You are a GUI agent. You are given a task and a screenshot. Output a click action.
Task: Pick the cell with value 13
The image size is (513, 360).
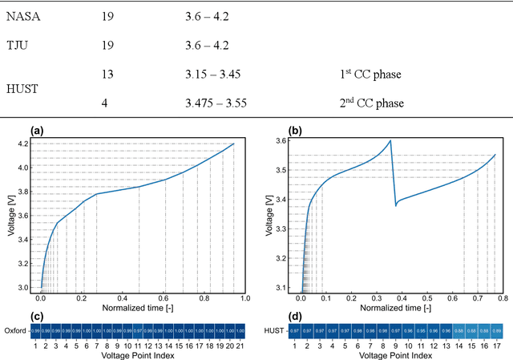coord(108,75)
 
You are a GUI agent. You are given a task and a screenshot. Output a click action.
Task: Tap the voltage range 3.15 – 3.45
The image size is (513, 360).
coord(213,75)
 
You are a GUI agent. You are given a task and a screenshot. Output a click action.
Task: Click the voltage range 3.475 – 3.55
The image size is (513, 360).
coord(215,103)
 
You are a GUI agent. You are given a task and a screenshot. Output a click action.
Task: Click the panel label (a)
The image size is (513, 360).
coord(36,130)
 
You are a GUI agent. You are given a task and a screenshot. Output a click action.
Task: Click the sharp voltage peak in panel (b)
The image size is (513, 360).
coord(390,141)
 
